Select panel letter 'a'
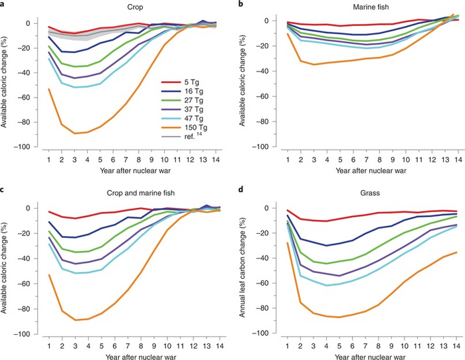pos(4,5)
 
